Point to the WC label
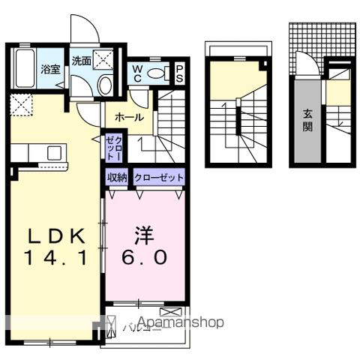pos(138,73)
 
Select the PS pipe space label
pos(180,73)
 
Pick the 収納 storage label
pos(117,177)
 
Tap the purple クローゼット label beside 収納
pos(158,177)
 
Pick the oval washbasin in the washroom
pos(105,85)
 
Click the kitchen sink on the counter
pos(53,153)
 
